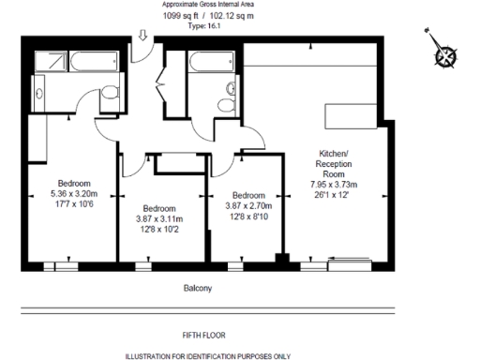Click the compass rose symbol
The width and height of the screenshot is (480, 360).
click(445, 53)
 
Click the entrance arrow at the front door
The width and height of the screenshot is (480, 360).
click(142, 36)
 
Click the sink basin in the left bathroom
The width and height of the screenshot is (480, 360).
click(41, 89)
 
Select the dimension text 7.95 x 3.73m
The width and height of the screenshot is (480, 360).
click(335, 186)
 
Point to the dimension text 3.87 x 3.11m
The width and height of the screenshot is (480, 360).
click(159, 217)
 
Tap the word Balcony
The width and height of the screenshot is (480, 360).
click(198, 289)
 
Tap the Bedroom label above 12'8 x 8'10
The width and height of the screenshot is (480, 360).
click(247, 194)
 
